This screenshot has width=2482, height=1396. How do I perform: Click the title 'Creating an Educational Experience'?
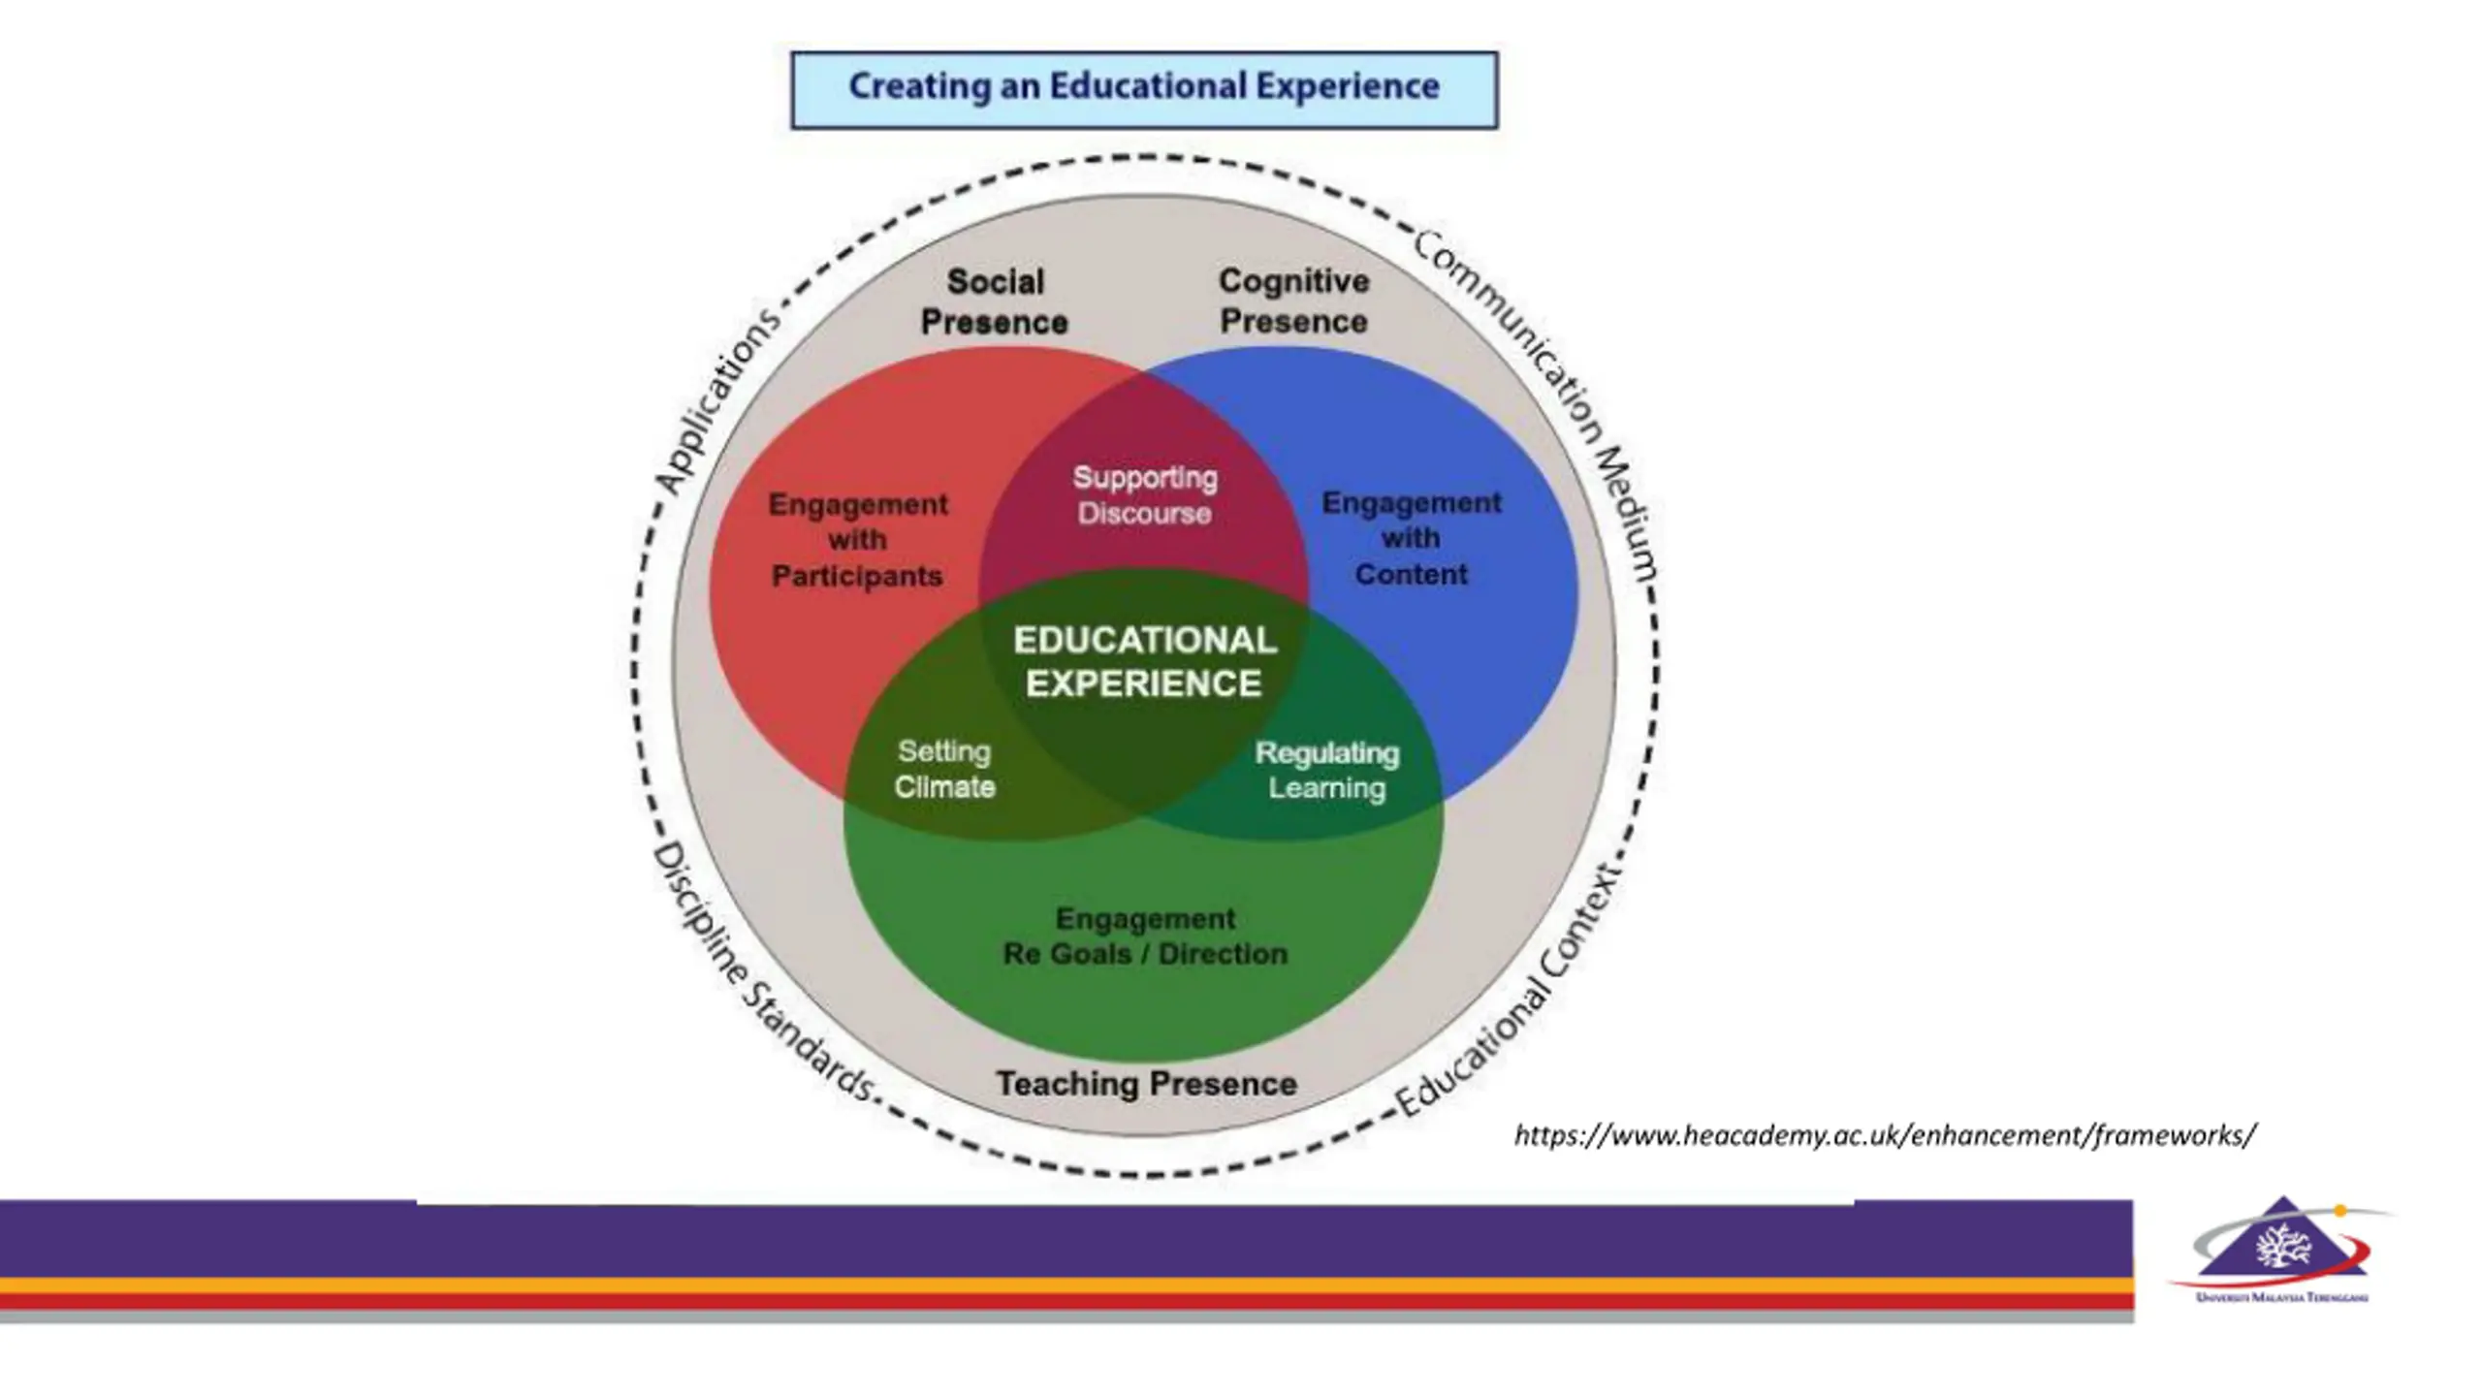click(x=1144, y=87)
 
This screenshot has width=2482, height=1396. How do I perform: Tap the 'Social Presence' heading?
click(x=995, y=301)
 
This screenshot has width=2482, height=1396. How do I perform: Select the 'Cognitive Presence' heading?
click(x=1293, y=301)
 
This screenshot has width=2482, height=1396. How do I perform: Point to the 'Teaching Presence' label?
click(x=1146, y=1084)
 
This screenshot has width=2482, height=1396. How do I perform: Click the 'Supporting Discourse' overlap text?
click(x=1144, y=495)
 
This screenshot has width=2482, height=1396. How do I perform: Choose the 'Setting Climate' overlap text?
click(x=944, y=769)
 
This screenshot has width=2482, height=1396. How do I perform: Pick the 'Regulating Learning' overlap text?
click(x=1327, y=770)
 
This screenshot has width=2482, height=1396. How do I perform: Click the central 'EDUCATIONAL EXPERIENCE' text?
click(x=1144, y=661)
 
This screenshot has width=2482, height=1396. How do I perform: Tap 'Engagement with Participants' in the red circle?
click(x=857, y=540)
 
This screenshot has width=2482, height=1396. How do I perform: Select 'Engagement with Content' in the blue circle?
click(x=1411, y=538)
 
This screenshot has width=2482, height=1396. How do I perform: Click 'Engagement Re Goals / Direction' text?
click(x=1145, y=936)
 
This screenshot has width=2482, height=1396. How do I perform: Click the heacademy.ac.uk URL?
click(x=1885, y=1135)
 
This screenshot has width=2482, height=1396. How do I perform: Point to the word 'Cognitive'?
click(x=1293, y=281)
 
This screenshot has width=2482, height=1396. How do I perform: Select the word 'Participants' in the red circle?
click(x=857, y=577)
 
